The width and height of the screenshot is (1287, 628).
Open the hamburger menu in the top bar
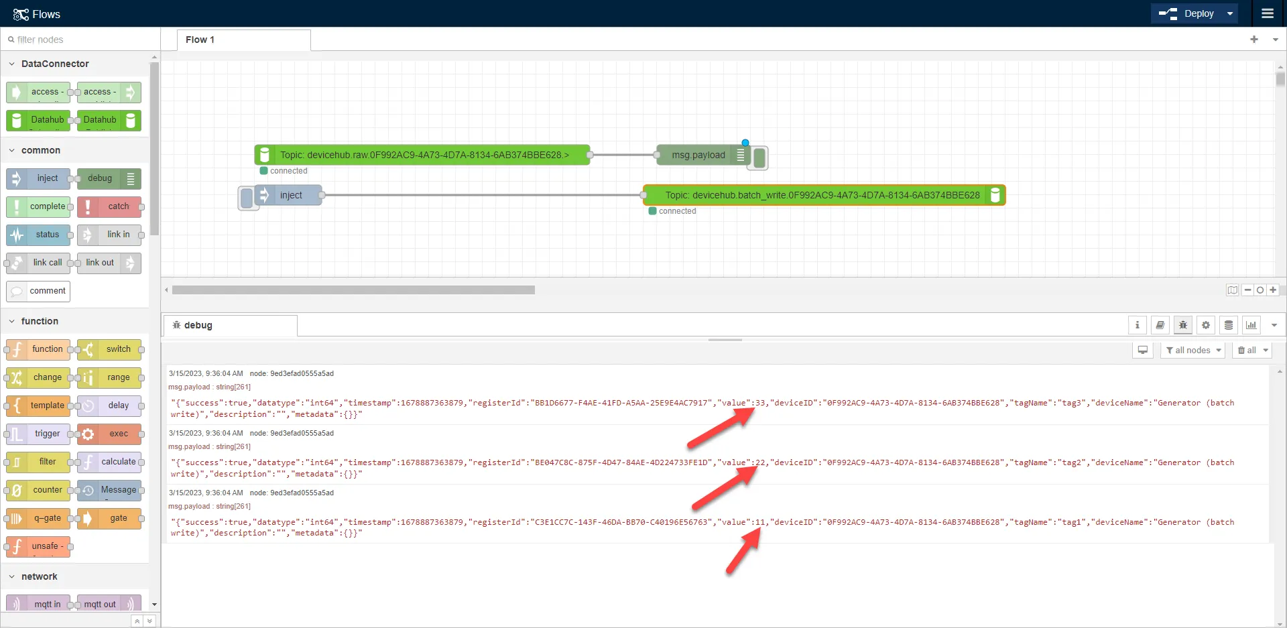1267,13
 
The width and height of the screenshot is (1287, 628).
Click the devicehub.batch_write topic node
824,195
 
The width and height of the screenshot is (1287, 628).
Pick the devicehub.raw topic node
422,155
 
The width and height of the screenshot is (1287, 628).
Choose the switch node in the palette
109,349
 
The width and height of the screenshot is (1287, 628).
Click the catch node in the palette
109,206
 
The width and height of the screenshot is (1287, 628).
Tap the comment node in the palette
38,291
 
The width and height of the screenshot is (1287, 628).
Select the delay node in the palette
109,405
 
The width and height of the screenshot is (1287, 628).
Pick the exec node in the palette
109,434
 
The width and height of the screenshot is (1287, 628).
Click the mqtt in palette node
38,603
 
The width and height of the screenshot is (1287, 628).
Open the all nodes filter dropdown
1192,350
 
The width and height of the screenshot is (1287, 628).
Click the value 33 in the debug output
761,403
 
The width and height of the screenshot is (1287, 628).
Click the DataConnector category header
55,64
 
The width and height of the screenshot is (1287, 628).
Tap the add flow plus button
1254,40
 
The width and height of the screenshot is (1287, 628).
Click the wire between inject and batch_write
483,195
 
